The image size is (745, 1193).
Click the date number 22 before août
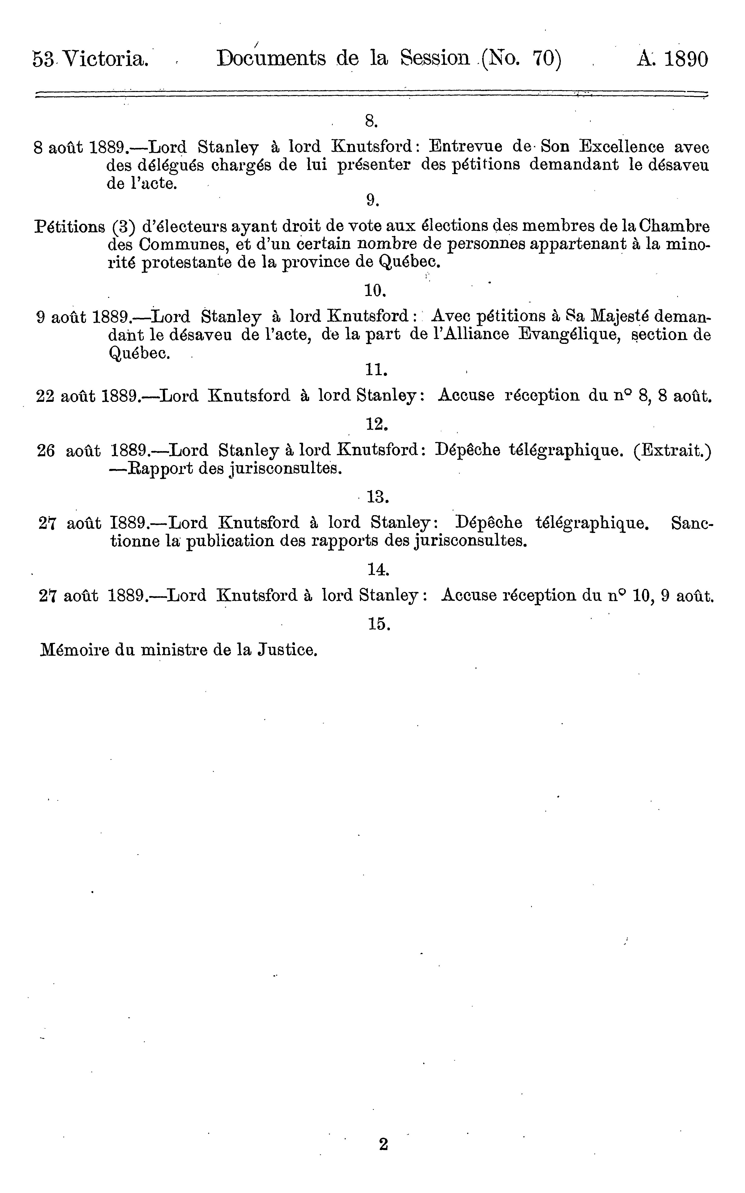pyautogui.click(x=47, y=396)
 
